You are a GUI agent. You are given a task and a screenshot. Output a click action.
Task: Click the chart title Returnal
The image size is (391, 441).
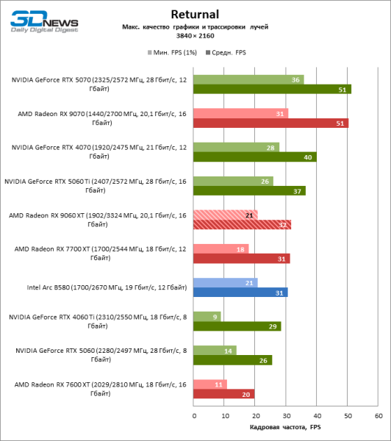pos(195,13)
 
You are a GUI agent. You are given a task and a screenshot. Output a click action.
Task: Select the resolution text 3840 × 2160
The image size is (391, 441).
pos(195,35)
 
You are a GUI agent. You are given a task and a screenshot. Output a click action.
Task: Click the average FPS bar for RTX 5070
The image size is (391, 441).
pos(272,89)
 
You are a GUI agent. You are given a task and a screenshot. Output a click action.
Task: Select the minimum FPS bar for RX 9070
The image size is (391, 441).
pos(240,113)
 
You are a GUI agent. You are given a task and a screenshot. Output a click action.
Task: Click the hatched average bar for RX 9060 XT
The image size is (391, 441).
pos(242,224)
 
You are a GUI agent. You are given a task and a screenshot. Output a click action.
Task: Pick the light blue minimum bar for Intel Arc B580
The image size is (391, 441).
pos(225,282)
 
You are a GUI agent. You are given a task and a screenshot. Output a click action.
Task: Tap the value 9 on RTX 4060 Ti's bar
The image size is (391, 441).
pos(214,316)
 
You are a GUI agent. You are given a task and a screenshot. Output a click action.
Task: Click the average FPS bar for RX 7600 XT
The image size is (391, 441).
pos(223,393)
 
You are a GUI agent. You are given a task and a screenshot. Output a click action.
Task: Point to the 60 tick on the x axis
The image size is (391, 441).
pos(378,416)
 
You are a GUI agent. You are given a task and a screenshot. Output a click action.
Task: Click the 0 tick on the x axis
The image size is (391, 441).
pos(194,416)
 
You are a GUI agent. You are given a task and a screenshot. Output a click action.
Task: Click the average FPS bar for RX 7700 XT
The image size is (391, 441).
pos(241,258)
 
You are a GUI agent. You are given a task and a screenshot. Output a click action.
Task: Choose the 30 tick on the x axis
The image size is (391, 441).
pos(286,416)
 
